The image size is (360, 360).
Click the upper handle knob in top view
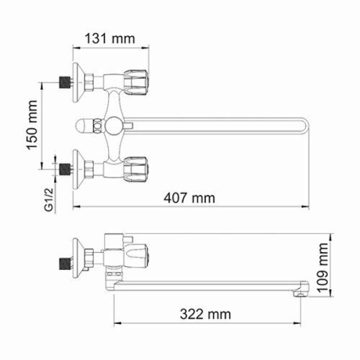pyautogui.click(x=138, y=79)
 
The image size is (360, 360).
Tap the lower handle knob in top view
pyautogui.click(x=138, y=168)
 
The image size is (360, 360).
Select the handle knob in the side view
pyautogui.click(x=138, y=254)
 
